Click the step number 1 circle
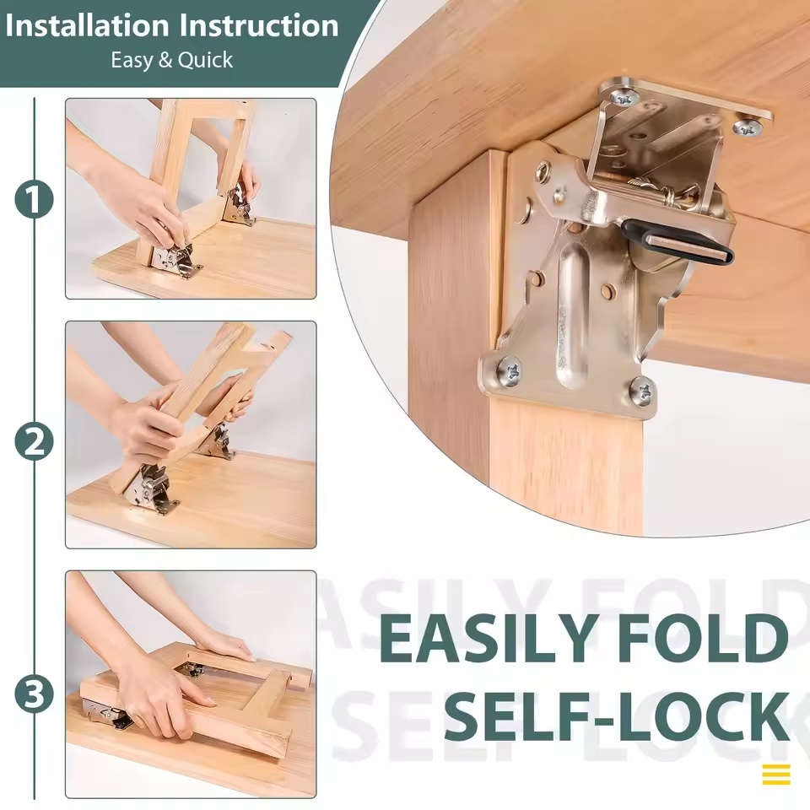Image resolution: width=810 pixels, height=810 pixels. click(x=34, y=200)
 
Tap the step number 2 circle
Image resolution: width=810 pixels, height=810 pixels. click(x=34, y=442)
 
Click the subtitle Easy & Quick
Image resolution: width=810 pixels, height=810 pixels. click(x=171, y=61)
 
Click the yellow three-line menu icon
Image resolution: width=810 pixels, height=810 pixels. click(x=775, y=774)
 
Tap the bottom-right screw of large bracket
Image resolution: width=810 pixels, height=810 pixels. click(x=641, y=391)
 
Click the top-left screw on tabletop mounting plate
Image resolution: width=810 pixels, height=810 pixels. click(x=624, y=97)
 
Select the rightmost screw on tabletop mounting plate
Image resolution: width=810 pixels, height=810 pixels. click(x=748, y=127)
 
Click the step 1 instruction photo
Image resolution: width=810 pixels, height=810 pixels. click(x=191, y=198)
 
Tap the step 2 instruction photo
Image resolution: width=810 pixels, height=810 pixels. click(x=191, y=435)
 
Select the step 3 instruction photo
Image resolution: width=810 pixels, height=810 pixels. click(x=191, y=684)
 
